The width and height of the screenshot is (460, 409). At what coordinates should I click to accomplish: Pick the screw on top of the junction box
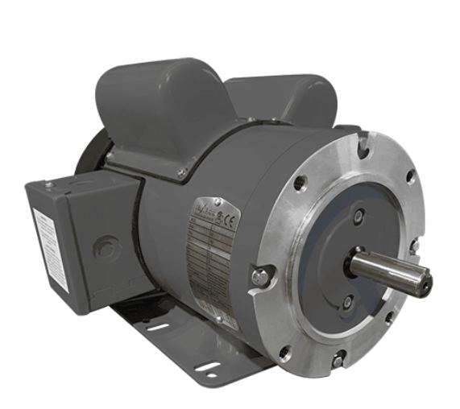click(48, 186)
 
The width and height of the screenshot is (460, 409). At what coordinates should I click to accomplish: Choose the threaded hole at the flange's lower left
click(284, 352)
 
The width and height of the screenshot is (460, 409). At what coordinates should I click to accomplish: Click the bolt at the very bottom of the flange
click(338, 360)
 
